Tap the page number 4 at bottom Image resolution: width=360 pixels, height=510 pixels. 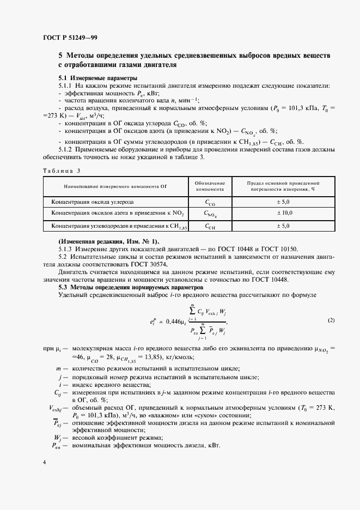(44, 462)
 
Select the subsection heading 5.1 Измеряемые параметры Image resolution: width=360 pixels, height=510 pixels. (98, 78)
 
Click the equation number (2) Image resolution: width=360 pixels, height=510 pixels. (331, 320)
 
